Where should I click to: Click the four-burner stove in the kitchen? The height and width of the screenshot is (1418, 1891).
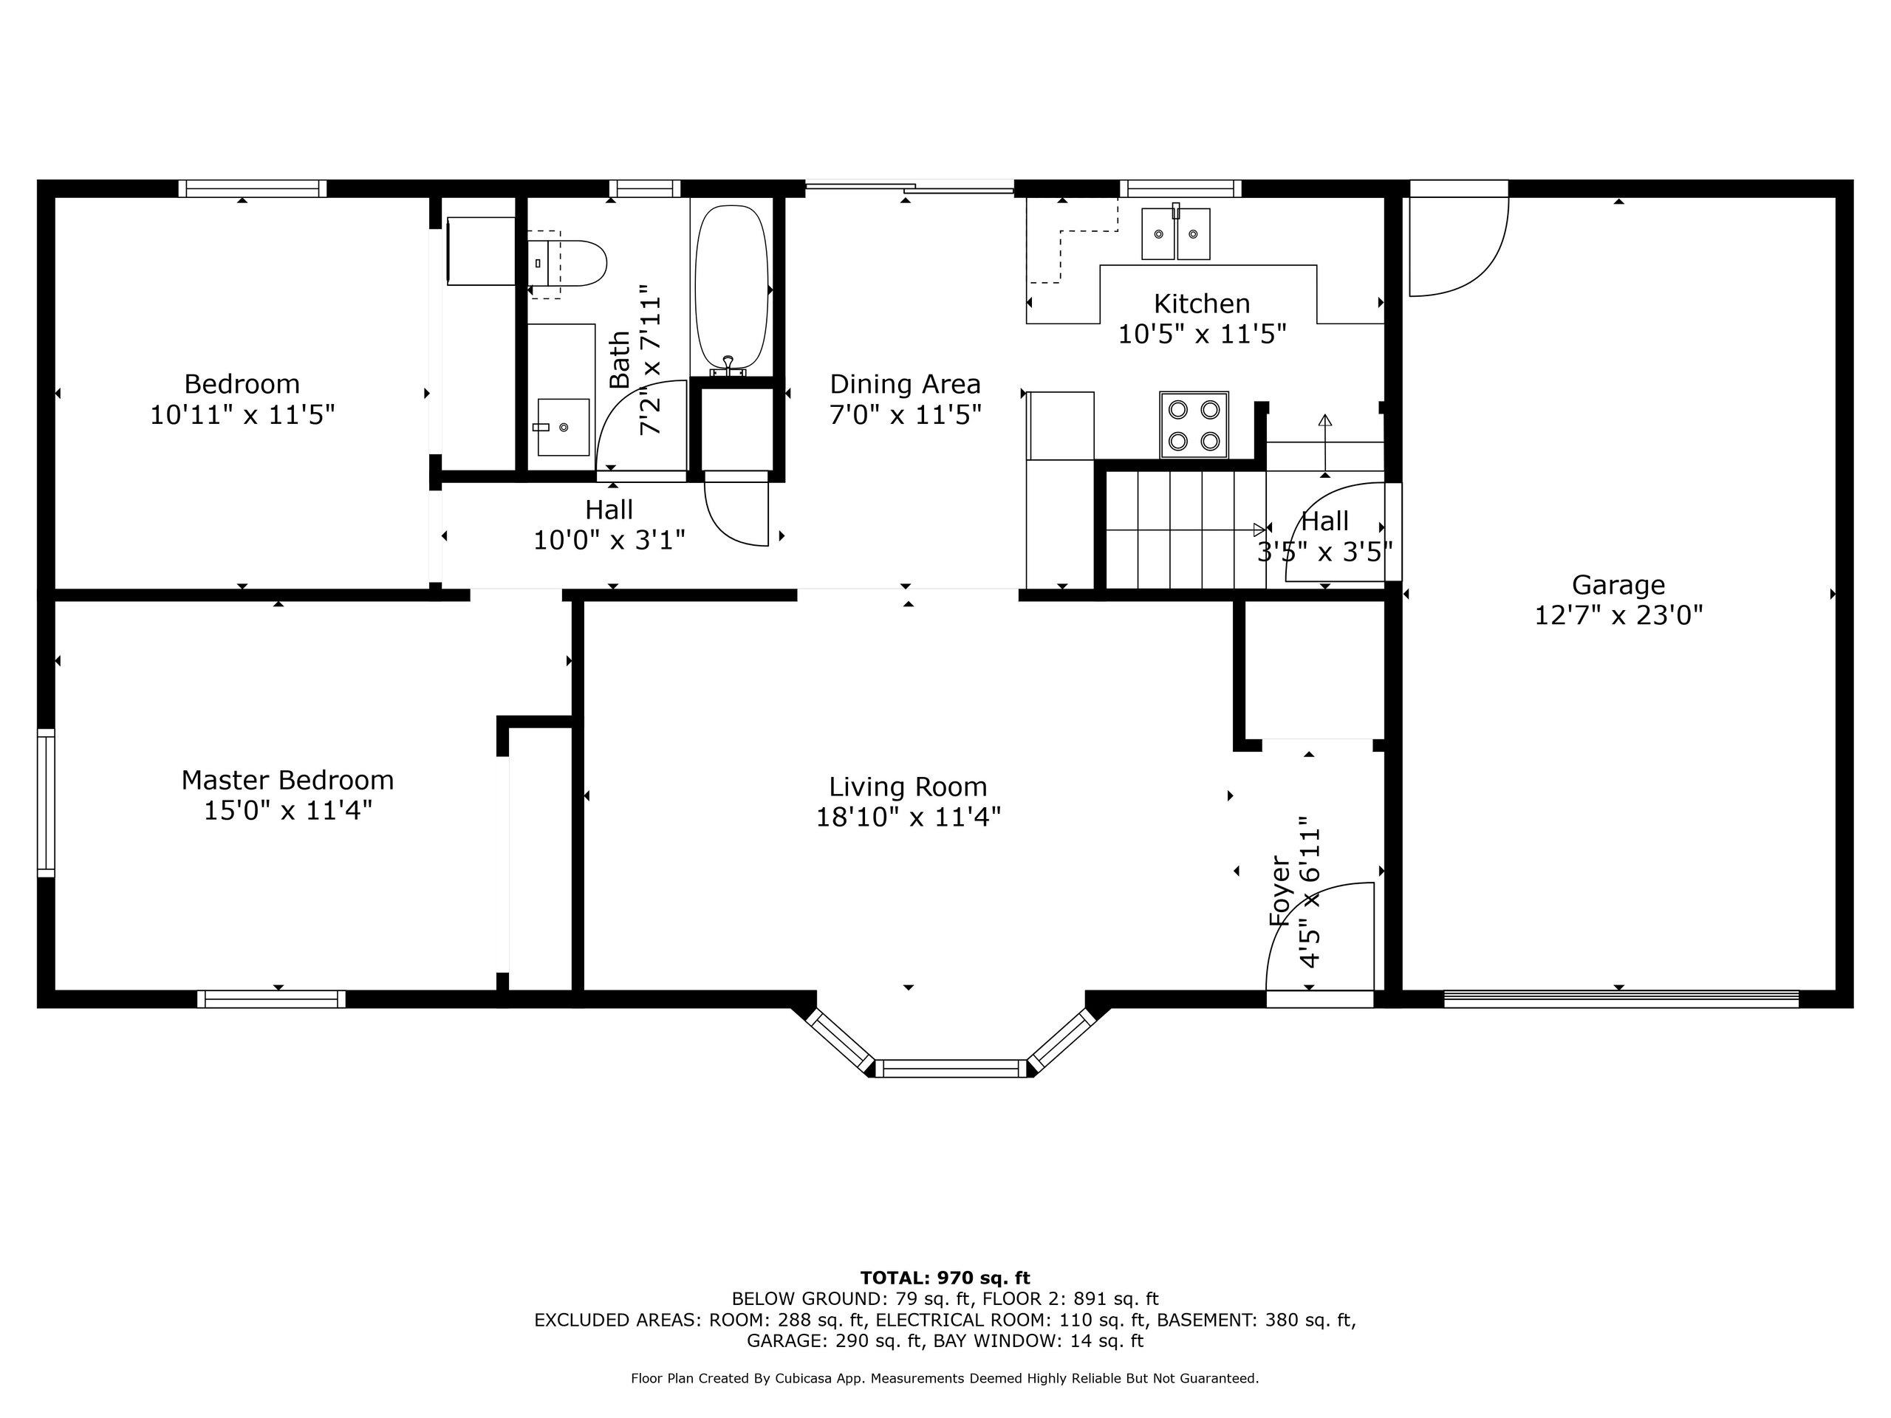[x=1194, y=425]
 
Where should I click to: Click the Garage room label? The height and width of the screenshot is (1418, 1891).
[x=1618, y=585]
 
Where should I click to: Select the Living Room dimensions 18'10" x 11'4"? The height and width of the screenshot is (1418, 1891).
[x=908, y=817]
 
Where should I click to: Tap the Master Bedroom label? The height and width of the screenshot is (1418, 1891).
[x=287, y=779]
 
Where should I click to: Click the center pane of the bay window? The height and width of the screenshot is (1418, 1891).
[x=951, y=1067]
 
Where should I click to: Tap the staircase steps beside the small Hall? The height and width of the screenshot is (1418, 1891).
[x=1184, y=530]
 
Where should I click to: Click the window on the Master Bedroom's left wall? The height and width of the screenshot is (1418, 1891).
[x=46, y=803]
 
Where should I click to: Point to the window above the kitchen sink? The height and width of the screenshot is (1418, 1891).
[x=1180, y=188]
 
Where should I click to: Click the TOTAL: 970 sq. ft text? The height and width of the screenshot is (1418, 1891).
[x=945, y=1278]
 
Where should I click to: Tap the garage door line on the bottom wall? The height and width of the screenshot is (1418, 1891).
[x=1621, y=998]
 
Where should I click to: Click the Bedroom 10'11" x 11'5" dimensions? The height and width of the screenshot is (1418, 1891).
[x=242, y=415]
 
